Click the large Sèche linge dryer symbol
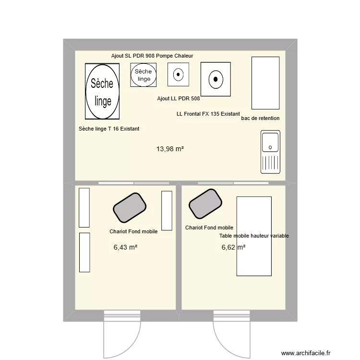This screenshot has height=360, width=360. point(102,91)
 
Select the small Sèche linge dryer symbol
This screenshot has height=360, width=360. point(143,75)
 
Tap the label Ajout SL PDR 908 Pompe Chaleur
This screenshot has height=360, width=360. point(152,56)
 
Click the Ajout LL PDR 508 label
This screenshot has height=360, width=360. point(179,98)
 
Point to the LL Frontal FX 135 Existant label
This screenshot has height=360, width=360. point(208,114)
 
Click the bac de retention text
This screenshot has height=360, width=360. point(260,118)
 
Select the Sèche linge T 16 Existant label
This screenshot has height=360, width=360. point(109,129)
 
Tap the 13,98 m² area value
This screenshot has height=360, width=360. point(170,149)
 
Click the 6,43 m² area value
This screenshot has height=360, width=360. point(125,247)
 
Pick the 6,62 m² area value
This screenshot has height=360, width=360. point(233,247)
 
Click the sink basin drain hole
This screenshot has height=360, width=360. point(270,147)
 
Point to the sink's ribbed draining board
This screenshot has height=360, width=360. point(270,163)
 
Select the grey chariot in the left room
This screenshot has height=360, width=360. point(130,207)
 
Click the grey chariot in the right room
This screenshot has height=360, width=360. point(205,204)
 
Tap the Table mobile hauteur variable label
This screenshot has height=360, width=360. point(254,236)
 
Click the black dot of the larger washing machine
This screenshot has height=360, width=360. point(216,79)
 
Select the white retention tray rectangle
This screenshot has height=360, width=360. point(265,83)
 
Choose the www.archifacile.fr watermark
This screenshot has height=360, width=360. point(306,353)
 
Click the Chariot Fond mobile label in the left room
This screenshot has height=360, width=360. point(133,231)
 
